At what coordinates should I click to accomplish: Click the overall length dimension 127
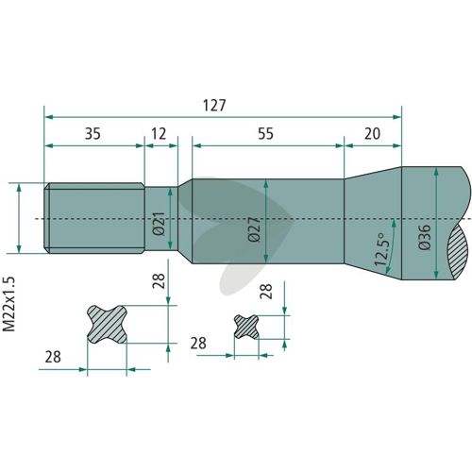pyautogui.click(x=214, y=106)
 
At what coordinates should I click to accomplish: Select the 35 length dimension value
pyautogui.click(x=93, y=134)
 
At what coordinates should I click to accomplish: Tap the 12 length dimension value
pyautogui.click(x=159, y=134)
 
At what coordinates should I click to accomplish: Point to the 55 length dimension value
pyautogui.click(x=266, y=134)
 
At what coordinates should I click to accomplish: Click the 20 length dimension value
pyautogui.click(x=372, y=134)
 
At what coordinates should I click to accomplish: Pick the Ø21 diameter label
pyautogui.click(x=159, y=224)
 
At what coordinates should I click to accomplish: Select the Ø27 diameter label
pyautogui.click(x=254, y=229)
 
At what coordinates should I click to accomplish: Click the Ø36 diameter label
pyautogui.click(x=425, y=237)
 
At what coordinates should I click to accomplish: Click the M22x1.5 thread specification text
pyautogui.click(x=8, y=304)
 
